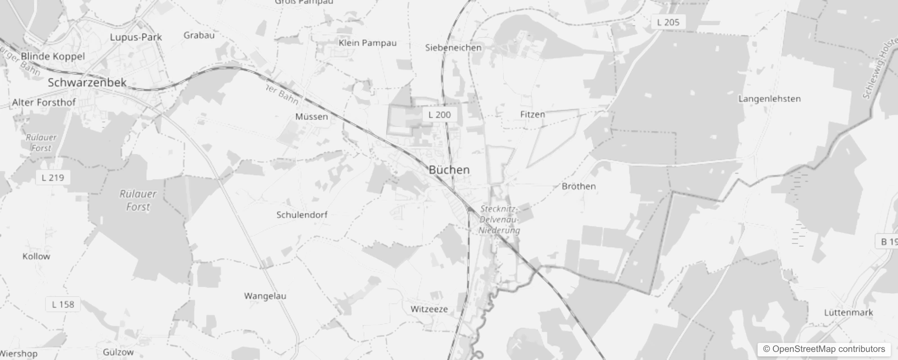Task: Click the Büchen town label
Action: coord(449,170)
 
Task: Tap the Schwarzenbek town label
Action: coord(87,83)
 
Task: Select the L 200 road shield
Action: coord(439,115)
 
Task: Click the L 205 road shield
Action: coord(668,22)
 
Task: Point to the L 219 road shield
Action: coord(53,178)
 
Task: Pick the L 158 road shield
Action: coord(63,305)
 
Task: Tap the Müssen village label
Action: coord(311,117)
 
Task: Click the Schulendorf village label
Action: coord(301,215)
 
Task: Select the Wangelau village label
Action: coord(265,296)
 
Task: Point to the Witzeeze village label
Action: coord(429,309)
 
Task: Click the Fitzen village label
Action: coord(532,114)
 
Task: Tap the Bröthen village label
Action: coord(579,186)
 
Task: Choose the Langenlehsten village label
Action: coord(769,99)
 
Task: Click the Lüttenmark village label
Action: coord(849,313)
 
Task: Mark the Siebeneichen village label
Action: coord(453,48)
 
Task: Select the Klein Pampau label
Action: coord(367,43)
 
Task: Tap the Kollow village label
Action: coord(36,256)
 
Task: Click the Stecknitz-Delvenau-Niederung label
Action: coord(499,220)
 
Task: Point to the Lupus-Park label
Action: coord(135,37)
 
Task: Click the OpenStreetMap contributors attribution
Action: coord(824,349)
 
